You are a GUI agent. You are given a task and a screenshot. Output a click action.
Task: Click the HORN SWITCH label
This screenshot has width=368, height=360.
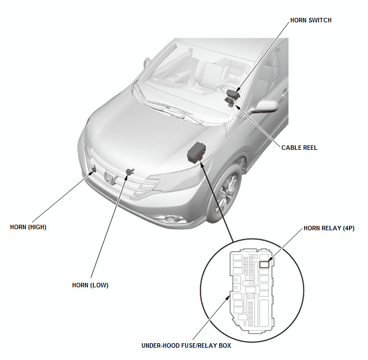311,21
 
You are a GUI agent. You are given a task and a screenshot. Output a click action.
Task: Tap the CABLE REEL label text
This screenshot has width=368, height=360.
299,148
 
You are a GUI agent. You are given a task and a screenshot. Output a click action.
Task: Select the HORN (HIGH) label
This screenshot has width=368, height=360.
28,227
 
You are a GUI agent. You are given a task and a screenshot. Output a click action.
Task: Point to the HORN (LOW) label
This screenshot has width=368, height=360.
90,285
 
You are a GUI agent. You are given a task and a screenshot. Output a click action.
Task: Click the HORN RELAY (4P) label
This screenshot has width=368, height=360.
329,228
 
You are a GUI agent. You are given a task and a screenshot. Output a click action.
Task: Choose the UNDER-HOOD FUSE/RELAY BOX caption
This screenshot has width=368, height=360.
186,345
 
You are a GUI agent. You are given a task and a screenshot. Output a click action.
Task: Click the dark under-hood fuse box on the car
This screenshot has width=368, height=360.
196,152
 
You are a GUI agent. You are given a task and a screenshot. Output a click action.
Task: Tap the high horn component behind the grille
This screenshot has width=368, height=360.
93,169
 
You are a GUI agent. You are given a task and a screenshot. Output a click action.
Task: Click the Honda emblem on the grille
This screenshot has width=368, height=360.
110,177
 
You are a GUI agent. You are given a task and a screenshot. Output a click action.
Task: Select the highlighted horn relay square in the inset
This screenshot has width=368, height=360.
264,264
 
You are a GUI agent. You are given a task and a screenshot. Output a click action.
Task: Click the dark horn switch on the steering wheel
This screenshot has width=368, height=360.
233,94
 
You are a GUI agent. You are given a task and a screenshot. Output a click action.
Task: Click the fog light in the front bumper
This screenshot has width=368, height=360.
173,219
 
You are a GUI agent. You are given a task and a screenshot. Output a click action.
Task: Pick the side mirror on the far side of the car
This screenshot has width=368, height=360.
146,63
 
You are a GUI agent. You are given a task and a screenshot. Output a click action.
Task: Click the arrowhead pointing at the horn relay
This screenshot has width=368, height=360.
270,259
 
